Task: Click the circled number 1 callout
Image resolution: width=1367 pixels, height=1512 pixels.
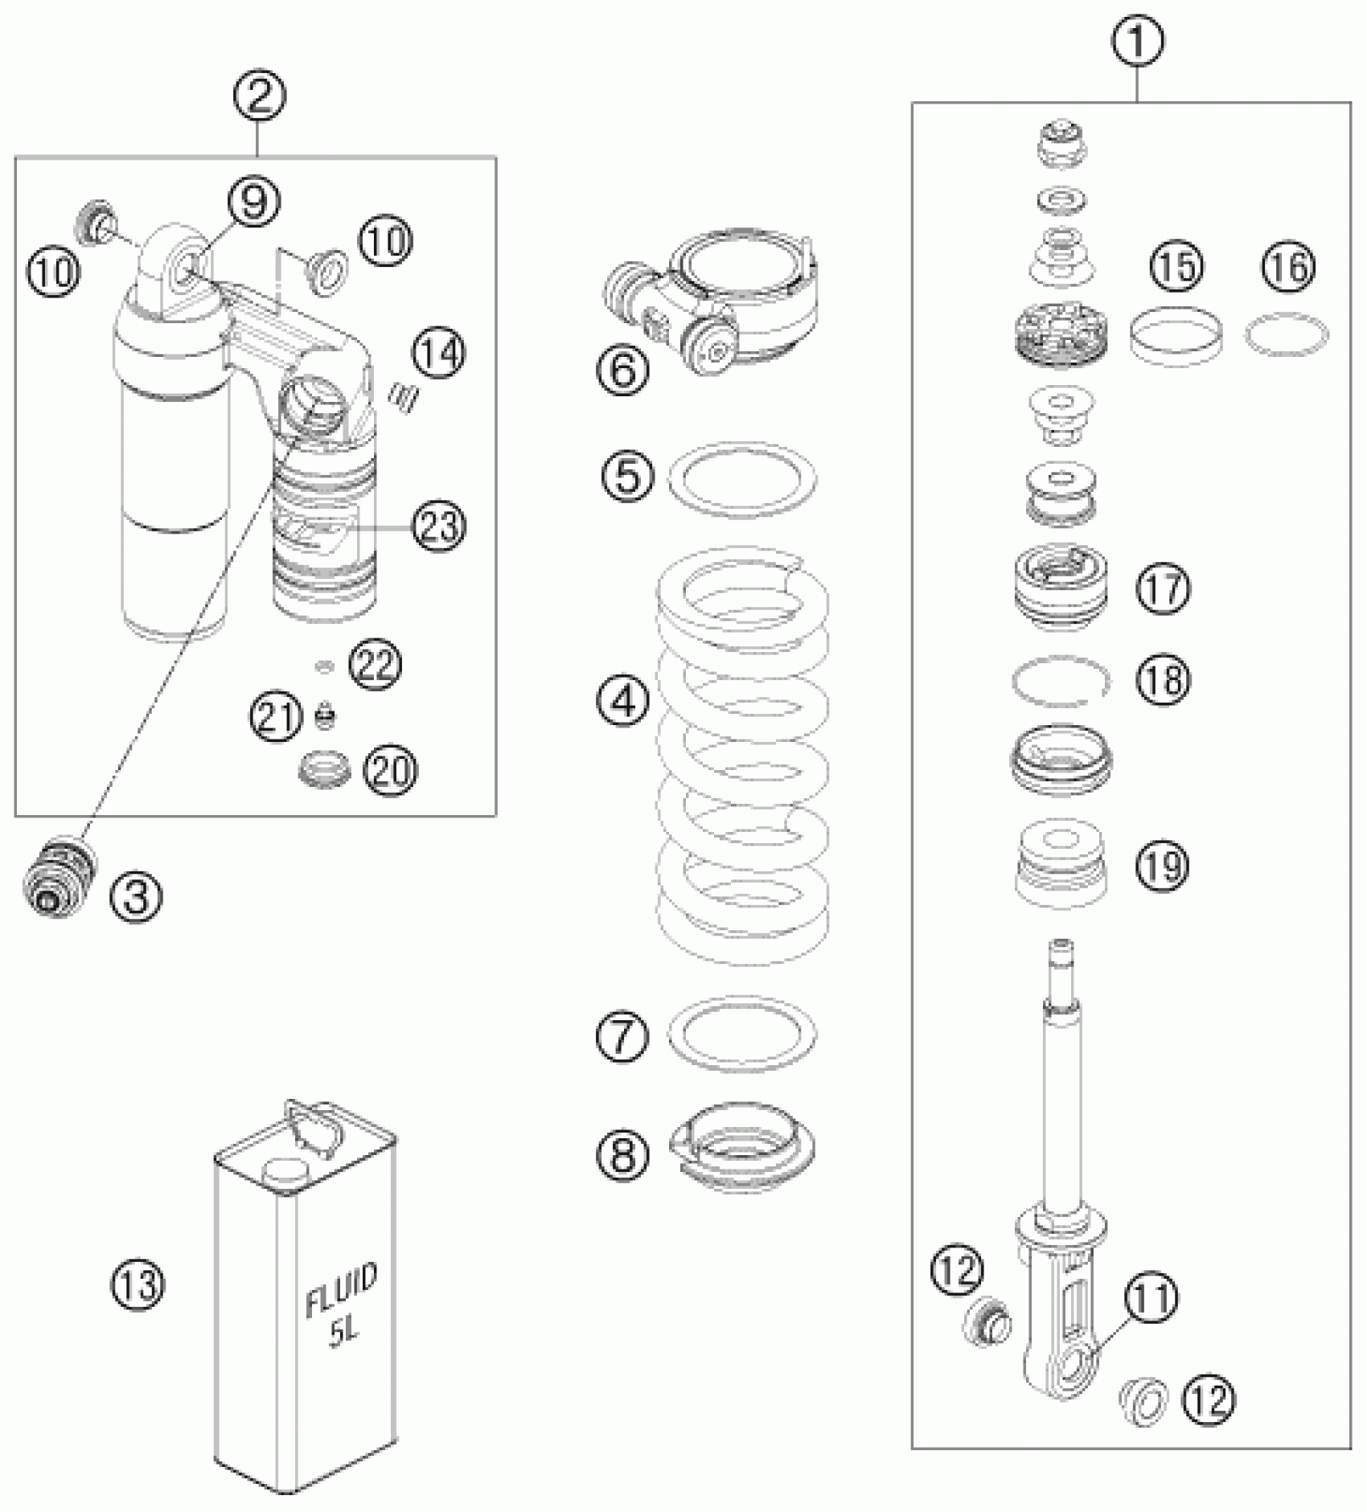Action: [1137, 39]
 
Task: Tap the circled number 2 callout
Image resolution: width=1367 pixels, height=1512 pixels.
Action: [259, 97]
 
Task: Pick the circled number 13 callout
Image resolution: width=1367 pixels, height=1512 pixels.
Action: [137, 1285]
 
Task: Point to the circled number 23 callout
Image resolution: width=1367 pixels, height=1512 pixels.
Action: [439, 527]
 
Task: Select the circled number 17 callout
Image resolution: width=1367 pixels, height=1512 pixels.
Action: [1163, 588]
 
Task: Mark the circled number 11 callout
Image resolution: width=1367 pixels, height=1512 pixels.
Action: [1151, 1297]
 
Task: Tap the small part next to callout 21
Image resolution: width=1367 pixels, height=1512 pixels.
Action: [325, 716]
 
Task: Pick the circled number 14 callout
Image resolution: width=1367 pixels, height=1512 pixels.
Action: [439, 355]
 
